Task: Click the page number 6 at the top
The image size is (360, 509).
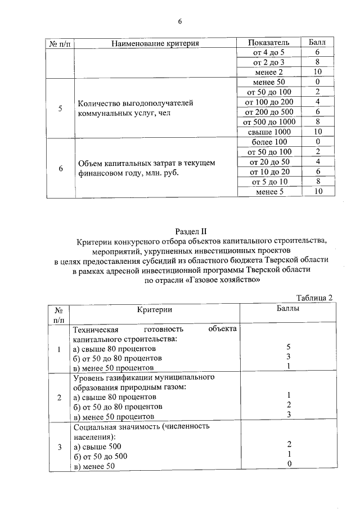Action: click(180, 21)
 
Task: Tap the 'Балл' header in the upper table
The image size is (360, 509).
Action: click(318, 43)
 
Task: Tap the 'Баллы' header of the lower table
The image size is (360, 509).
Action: click(288, 309)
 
